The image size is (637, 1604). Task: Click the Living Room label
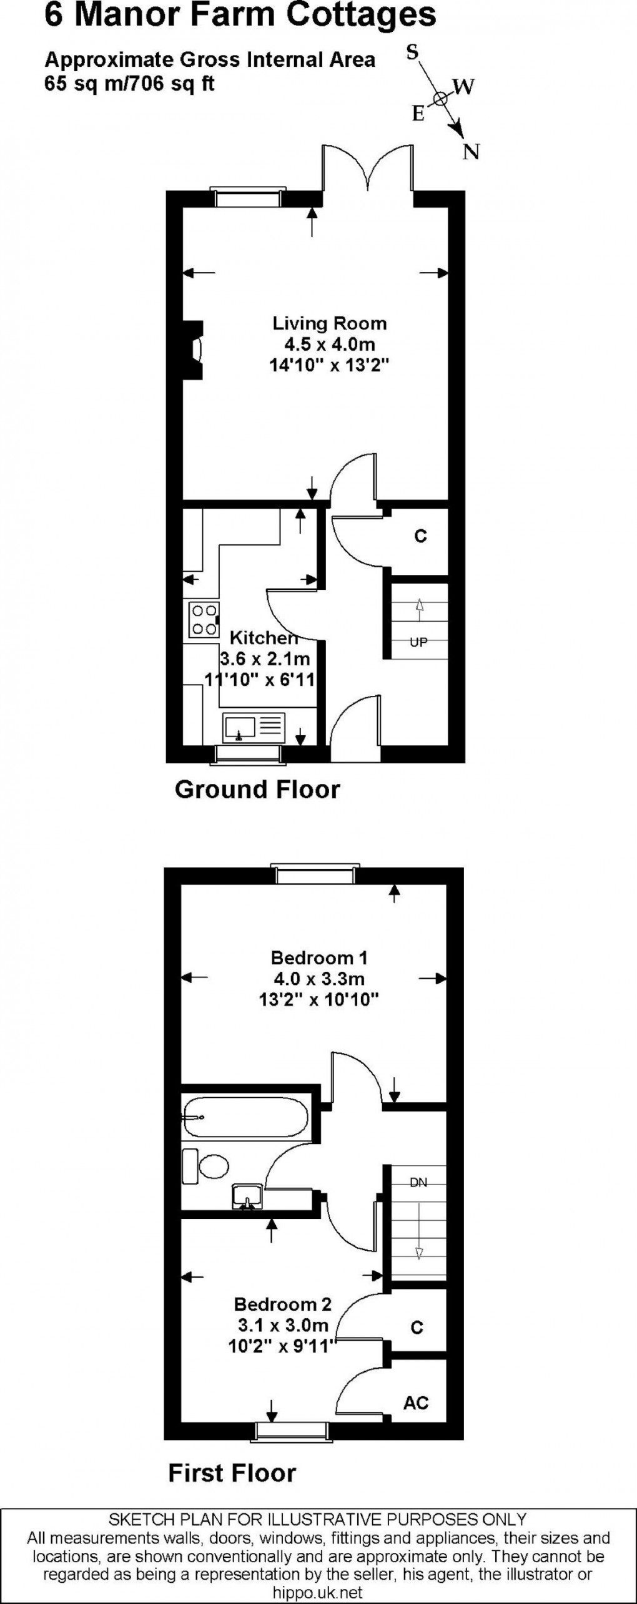pyautogui.click(x=329, y=323)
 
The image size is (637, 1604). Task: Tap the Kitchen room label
pyautogui.click(x=264, y=638)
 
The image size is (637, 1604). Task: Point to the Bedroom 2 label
pyautogui.click(x=282, y=1304)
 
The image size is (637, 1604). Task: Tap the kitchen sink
pyautogui.click(x=253, y=728)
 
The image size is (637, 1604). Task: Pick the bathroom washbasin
pyautogui.click(x=248, y=1195)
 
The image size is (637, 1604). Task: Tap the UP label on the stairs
pyautogui.click(x=418, y=642)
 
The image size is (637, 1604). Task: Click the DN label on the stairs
pyautogui.click(x=418, y=1181)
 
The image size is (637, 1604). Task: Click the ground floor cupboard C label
pyautogui.click(x=420, y=536)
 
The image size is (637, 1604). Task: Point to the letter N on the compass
pyautogui.click(x=471, y=151)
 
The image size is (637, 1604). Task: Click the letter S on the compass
pyautogui.click(x=412, y=53)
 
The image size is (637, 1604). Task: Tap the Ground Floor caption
pyautogui.click(x=257, y=790)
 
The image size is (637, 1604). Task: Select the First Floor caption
pyautogui.click(x=232, y=1473)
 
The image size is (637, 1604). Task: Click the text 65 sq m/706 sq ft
pyautogui.click(x=129, y=83)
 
